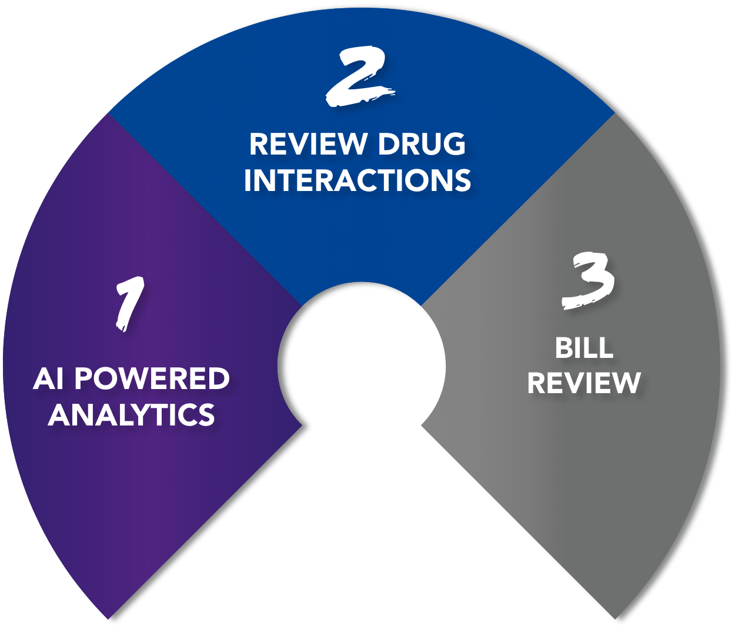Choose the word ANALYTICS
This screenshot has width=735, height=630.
pos(131,414)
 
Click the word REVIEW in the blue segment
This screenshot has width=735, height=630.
pos(308,144)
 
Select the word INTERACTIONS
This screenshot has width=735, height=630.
pos(358,180)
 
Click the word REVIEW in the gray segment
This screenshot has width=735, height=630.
pos(583,383)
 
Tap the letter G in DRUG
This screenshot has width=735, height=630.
pos(454,144)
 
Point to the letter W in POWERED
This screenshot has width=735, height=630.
pos(141,378)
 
